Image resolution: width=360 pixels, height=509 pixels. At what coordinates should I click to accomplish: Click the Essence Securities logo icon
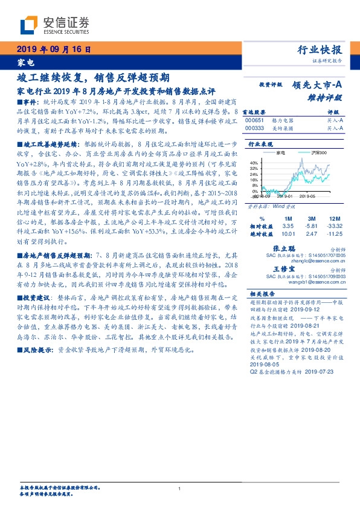click(x=30, y=25)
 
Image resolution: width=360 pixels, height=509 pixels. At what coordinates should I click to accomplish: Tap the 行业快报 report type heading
click(x=320, y=50)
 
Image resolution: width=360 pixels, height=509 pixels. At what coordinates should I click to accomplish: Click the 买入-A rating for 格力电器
click(x=336, y=120)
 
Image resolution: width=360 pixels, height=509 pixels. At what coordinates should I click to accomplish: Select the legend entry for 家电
click(x=280, y=153)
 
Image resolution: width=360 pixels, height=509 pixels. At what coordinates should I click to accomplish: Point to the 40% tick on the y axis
click(x=254, y=163)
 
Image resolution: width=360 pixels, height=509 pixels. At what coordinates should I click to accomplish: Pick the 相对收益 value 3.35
click(x=288, y=226)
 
